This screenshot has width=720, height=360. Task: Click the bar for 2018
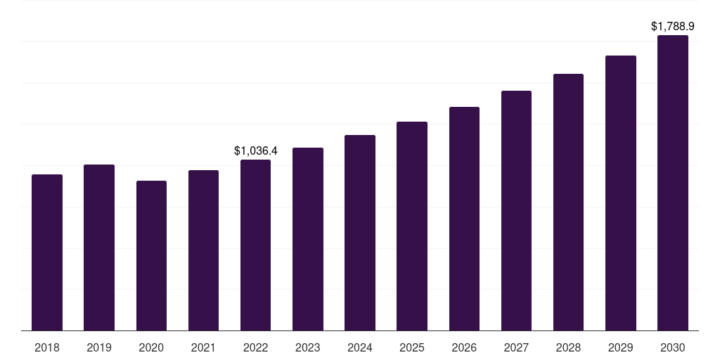pyautogui.click(x=47, y=252)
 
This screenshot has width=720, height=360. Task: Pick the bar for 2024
pyautogui.click(x=360, y=233)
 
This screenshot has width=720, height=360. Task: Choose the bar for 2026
pyautogui.click(x=464, y=219)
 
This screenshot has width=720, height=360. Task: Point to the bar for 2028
pyautogui.click(x=568, y=202)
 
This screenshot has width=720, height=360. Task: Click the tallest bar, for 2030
pyautogui.click(x=673, y=183)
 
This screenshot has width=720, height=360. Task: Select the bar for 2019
pyautogui.click(x=99, y=247)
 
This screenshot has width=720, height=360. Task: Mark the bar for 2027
pyautogui.click(x=516, y=210)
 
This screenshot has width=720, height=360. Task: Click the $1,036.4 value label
pyautogui.click(x=256, y=150)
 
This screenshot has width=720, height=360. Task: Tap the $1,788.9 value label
pyautogui.click(x=673, y=27)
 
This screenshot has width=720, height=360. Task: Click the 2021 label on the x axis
pyautogui.click(x=203, y=347)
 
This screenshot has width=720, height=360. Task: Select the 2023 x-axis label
pyautogui.click(x=308, y=347)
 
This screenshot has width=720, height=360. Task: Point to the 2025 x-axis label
pyautogui.click(x=412, y=347)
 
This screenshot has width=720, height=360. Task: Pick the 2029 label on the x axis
pyautogui.click(x=621, y=347)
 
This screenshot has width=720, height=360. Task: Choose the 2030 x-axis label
pyautogui.click(x=673, y=347)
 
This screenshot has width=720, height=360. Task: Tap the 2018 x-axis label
pyautogui.click(x=47, y=347)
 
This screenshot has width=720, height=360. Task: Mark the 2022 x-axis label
pyautogui.click(x=255, y=347)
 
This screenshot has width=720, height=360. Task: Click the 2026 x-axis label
pyautogui.click(x=464, y=347)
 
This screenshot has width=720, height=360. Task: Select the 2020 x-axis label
pyautogui.click(x=151, y=347)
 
